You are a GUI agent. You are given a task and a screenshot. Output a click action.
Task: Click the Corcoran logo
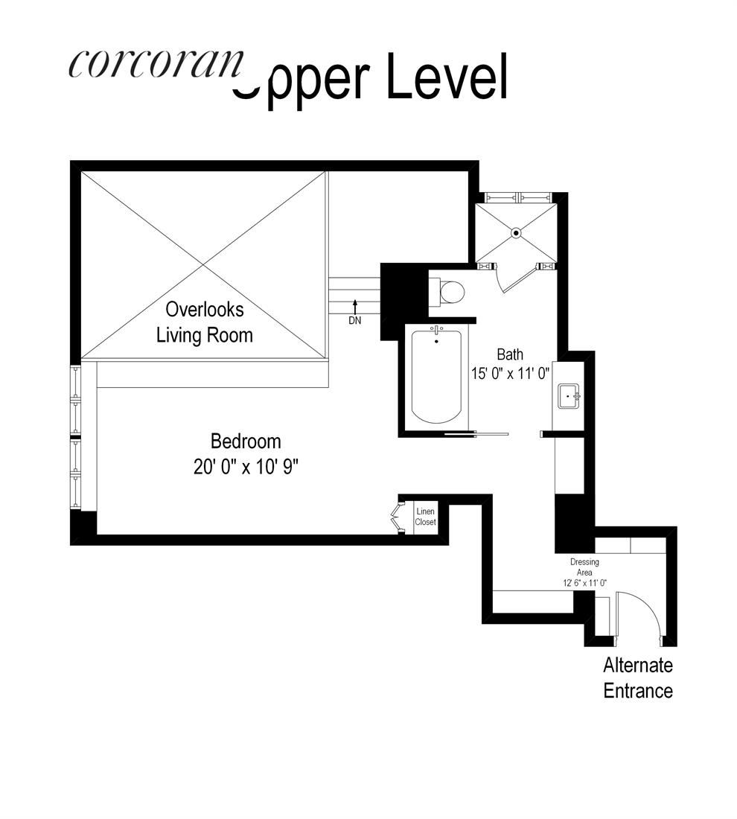pos(156,64)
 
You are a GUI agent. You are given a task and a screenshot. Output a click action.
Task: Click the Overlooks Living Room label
pos(204,322)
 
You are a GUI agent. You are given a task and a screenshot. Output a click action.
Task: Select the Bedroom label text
pos(246,441)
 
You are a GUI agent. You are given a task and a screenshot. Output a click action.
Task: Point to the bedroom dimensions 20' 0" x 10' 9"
pos(246,466)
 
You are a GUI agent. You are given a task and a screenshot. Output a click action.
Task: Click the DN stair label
pos(356,321)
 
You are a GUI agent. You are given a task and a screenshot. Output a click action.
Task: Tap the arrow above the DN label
pos(356,305)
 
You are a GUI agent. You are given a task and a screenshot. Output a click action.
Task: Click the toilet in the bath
pos(450,292)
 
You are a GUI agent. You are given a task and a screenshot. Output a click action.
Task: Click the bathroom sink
pos(569,395)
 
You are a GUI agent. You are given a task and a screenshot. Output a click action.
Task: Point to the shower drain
pos(516,233)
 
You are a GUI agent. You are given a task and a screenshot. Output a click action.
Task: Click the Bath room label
pos(510,354)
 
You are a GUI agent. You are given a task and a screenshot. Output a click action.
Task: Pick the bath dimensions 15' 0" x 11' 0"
pos(510,374)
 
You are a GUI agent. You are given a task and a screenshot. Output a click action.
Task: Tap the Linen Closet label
pos(425,517)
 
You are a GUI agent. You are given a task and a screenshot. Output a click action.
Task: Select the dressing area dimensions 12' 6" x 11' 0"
pos(584,583)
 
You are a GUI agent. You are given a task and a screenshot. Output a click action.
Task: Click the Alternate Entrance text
pos(637,678)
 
